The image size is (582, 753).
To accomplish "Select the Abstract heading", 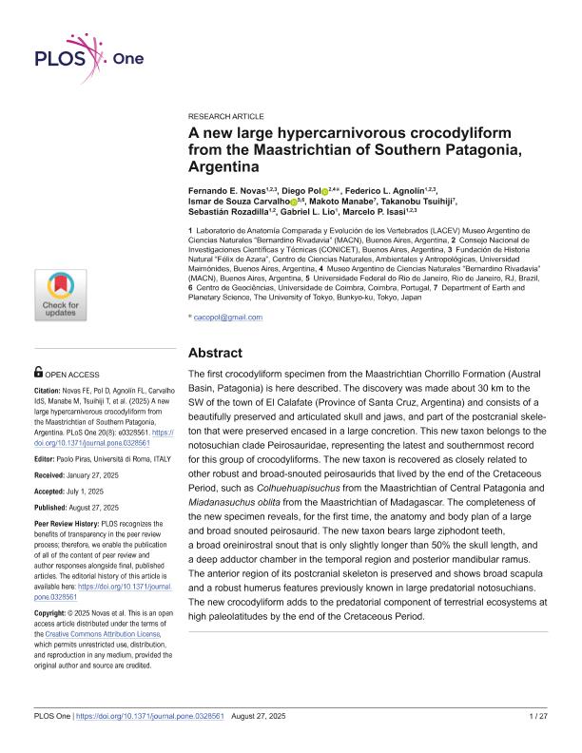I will [x=219, y=351].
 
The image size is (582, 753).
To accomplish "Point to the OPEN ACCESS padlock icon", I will [x=38, y=373].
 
